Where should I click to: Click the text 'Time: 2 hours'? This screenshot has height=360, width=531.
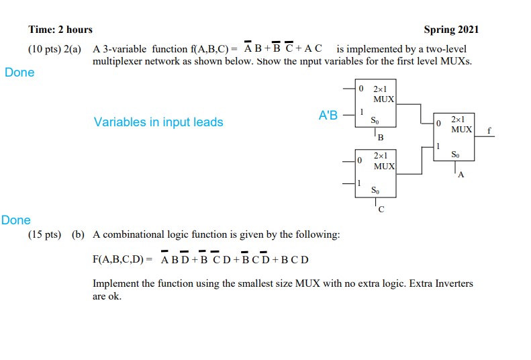tap(60, 30)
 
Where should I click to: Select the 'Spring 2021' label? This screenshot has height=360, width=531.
tap(451, 30)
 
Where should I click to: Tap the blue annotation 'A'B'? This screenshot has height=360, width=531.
tap(328, 115)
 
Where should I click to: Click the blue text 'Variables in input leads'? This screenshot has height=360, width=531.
tap(158, 122)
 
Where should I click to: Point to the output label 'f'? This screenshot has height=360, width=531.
tap(489, 131)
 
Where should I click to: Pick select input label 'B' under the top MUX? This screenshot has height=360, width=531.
tap(381, 138)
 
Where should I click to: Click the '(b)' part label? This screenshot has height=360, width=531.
tap(79, 234)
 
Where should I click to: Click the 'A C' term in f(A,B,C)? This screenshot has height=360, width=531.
tap(309, 49)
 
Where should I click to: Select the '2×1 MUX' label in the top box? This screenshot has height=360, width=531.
tap(383, 93)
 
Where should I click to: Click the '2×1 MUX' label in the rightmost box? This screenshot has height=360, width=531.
tap(461, 123)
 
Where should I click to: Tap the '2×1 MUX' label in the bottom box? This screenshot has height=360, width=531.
tap(383, 161)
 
